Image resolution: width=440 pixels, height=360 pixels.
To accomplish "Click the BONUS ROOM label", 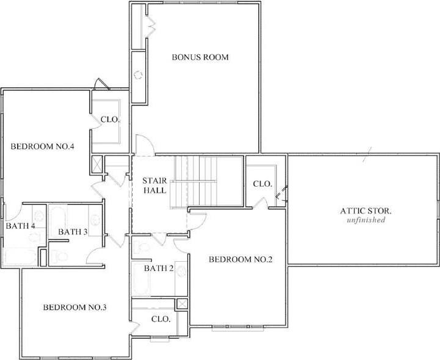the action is [x=200, y=57].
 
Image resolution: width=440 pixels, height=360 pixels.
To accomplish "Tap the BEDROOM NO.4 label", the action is [x=42, y=146].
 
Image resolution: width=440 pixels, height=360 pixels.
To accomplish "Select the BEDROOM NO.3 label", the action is [x=74, y=308].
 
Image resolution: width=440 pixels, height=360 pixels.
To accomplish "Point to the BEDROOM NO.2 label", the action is [x=240, y=259].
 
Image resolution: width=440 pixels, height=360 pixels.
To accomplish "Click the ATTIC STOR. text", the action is [x=366, y=211].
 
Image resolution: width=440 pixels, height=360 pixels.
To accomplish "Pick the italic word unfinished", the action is [x=366, y=220].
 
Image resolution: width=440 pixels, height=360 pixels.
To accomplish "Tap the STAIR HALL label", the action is [x=154, y=185].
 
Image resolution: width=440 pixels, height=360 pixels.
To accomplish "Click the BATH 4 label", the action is [x=21, y=226].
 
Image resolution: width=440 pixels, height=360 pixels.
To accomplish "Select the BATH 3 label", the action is [x=73, y=232].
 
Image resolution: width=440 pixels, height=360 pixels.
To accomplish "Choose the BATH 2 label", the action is [x=159, y=268].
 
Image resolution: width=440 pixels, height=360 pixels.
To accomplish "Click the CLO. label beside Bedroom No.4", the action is [x=110, y=120].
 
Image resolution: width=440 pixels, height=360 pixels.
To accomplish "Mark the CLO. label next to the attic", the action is [x=262, y=184].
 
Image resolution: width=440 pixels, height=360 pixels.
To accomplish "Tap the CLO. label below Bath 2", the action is [x=160, y=319].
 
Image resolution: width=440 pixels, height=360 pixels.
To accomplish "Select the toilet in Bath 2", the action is [x=142, y=247].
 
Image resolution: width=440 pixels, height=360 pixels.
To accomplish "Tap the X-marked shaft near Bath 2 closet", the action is [x=182, y=304].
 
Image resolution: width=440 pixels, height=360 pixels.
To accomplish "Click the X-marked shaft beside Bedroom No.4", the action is [x=97, y=164].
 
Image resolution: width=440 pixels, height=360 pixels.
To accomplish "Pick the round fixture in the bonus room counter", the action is [x=138, y=75].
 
